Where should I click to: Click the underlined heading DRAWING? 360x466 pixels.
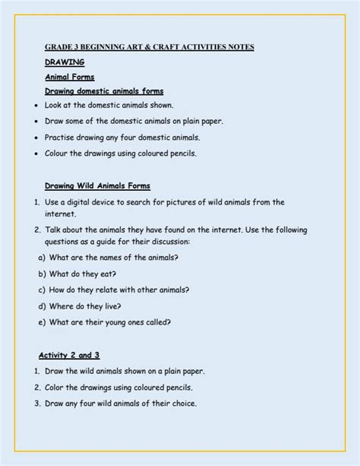coord(65,62)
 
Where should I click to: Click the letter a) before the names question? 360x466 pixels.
coord(41,257)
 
